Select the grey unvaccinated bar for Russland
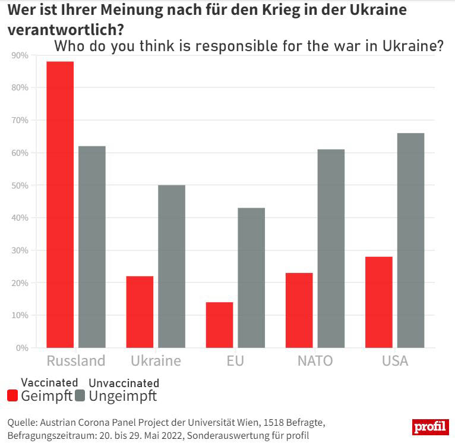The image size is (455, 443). (x=92, y=247)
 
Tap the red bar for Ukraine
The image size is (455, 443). (x=140, y=312)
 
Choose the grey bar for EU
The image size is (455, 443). (x=251, y=278)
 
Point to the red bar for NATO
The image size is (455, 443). (x=299, y=310)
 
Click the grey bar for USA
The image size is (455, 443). (x=410, y=240)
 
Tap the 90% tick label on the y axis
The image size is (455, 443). (x=20, y=55)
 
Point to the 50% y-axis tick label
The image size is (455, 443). (x=20, y=186)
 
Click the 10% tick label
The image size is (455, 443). (x=20, y=315)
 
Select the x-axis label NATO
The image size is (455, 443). (x=315, y=361)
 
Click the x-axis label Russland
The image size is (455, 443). (x=75, y=361)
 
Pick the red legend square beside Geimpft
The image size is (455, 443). (x=12, y=396)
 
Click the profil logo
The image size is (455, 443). (x=430, y=427)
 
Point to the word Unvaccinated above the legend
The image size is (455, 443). (x=124, y=383)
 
